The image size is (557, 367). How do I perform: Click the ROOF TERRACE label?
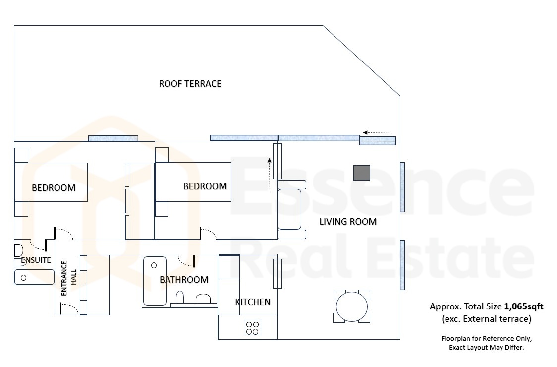coord(190,84)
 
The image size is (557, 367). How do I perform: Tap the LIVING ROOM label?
coord(348,222)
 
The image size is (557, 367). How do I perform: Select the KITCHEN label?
coord(253,302)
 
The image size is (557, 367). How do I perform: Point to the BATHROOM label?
coord(184,280)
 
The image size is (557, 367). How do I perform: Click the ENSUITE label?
coord(36,260)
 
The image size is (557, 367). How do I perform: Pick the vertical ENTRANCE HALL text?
coord(68,278)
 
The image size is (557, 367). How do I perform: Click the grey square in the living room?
coord(362,173)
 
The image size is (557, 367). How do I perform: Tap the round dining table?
coord(352,306)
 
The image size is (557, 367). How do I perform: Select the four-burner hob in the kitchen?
coord(253,327)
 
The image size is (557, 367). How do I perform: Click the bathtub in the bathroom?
coord(155,281)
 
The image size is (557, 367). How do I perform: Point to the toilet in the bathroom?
coord(180,297)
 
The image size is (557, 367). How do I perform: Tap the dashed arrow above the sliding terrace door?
coord(378,133)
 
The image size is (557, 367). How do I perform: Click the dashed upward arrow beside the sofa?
coord(269,176)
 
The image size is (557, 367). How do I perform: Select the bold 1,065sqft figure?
coord(524,306)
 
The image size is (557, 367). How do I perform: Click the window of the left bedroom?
coord(113,138)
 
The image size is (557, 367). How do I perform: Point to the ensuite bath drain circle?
coord(23,278)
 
